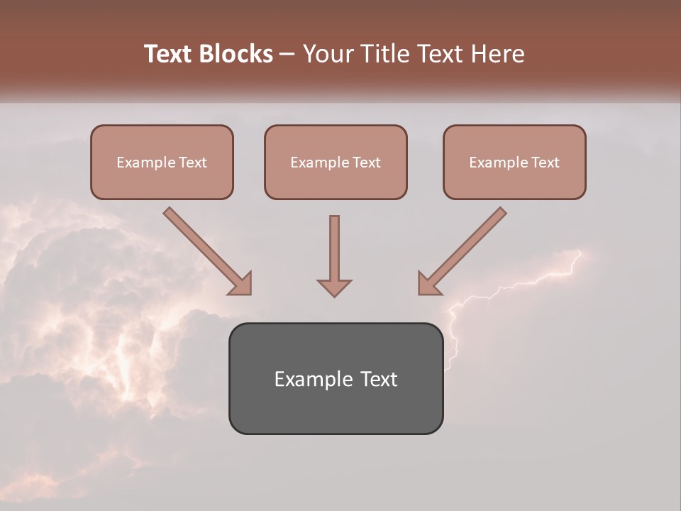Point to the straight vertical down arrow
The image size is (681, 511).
coord(334,248)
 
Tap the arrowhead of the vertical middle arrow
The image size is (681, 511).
coord(334,287)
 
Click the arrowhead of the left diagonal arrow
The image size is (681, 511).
coord(240,283)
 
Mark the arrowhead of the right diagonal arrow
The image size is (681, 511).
coord(428,283)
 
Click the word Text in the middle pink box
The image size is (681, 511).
coord(365,163)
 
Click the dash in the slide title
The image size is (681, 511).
coord(287,54)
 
